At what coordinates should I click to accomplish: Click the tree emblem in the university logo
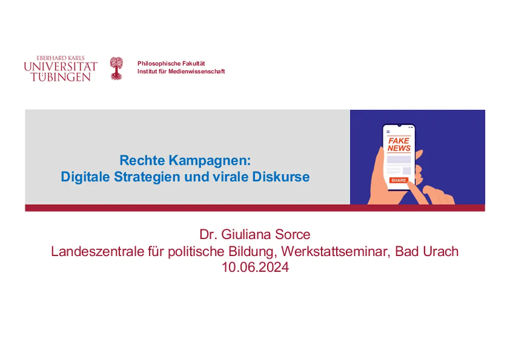pos(116,68)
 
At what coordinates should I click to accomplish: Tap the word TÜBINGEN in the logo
pos(61,77)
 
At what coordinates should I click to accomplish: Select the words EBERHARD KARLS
pos(61,58)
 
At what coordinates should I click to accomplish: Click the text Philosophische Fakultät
pos(171,63)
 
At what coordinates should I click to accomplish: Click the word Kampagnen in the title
pos(210,161)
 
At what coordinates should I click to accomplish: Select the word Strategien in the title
pos(147,177)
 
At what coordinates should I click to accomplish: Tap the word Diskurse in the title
pos(281,177)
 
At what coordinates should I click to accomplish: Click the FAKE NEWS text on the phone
pos(399,145)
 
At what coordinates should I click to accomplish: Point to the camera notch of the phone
pos(399,125)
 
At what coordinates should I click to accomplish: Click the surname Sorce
pos(293,234)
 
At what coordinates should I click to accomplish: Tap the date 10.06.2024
pos(255,267)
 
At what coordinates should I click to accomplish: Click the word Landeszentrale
pos(98,251)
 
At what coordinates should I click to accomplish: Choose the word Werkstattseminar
pos(336,251)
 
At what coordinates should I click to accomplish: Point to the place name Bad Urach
pos(427,251)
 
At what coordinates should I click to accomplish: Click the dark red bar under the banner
pos(255,208)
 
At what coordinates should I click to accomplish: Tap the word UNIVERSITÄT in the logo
pos(61,66)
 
